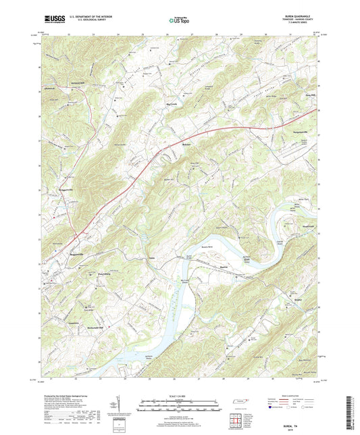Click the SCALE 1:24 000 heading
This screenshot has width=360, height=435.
coord(178,395)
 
